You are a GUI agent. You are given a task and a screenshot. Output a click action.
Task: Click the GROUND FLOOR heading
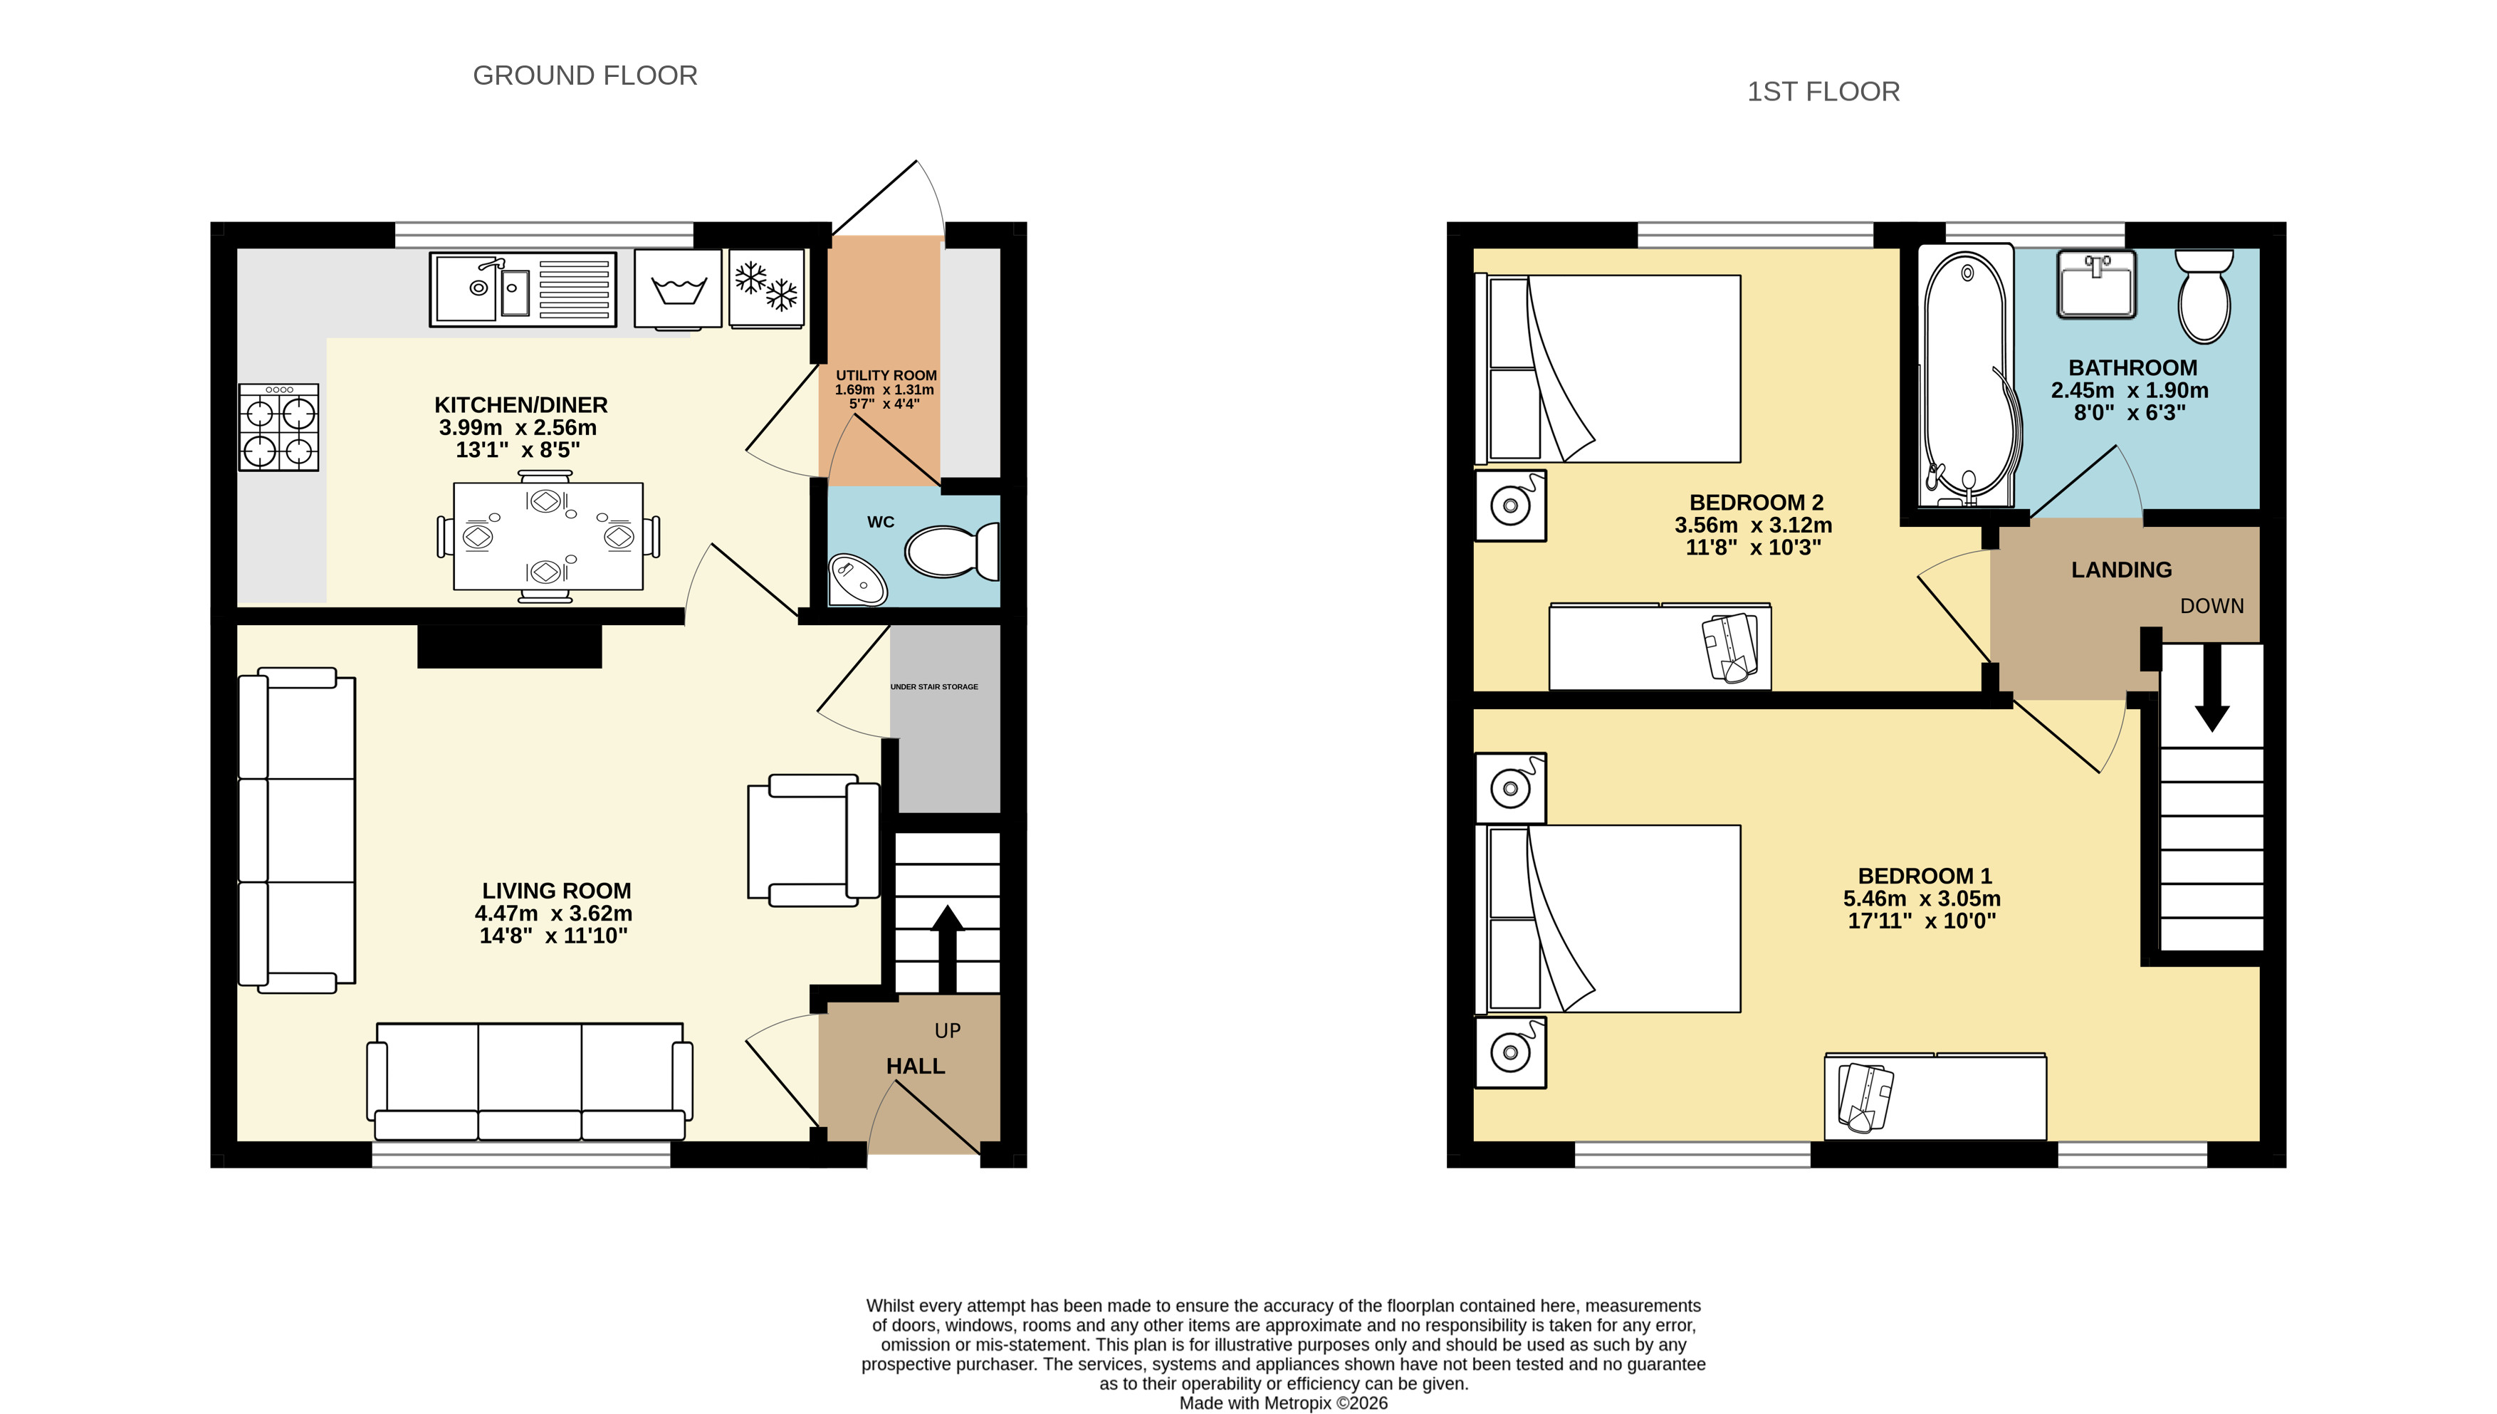point(585,75)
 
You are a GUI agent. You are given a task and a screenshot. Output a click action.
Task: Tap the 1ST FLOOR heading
point(1823,91)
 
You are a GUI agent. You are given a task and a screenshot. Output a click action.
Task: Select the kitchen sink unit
point(523,289)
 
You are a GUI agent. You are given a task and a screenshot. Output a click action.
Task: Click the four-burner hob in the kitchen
point(278,427)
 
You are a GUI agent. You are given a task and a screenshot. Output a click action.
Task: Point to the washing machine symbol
point(678,289)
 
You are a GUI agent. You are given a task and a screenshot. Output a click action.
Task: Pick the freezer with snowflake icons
point(766,288)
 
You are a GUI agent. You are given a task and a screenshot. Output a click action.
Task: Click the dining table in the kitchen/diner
point(548,536)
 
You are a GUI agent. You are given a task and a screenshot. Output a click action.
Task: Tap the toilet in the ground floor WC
point(952,550)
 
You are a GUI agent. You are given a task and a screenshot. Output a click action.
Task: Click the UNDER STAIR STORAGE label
point(934,686)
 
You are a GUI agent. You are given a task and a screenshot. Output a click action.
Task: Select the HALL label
point(915,1067)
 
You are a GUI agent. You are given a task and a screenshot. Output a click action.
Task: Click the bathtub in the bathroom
point(1967,378)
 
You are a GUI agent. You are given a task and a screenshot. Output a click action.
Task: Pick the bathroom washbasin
point(2096,283)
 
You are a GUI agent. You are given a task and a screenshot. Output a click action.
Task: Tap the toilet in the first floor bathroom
point(2204,295)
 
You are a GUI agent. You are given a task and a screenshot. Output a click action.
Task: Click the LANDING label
point(2121,570)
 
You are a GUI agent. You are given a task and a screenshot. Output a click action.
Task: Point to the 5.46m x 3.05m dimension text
point(1922,899)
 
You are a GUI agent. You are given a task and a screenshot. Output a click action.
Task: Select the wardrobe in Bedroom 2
point(1660,646)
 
